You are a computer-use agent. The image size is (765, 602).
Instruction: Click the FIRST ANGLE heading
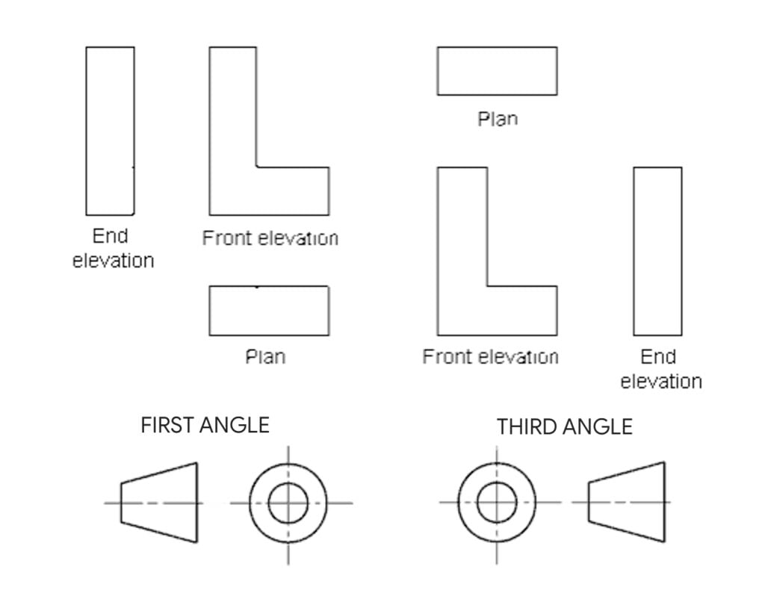click(x=205, y=426)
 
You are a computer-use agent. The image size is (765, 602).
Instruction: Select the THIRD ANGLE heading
click(x=564, y=427)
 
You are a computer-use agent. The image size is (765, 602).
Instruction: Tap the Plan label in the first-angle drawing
click(x=265, y=356)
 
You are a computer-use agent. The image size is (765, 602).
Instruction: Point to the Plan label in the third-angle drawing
click(x=498, y=119)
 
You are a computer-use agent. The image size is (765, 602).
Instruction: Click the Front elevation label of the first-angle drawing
click(x=270, y=238)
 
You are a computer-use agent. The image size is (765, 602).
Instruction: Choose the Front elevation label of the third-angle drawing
click(x=490, y=357)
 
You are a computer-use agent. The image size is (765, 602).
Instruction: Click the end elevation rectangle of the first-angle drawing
click(x=111, y=131)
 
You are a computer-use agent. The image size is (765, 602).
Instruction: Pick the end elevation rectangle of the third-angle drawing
click(x=657, y=251)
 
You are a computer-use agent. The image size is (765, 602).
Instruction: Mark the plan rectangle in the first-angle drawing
click(x=269, y=311)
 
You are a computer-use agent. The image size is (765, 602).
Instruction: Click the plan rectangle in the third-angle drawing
click(x=497, y=71)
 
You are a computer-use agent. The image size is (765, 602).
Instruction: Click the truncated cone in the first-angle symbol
click(x=161, y=502)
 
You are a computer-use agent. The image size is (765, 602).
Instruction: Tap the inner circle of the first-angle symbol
click(x=288, y=502)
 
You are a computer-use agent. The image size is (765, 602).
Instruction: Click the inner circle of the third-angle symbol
click(x=497, y=502)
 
